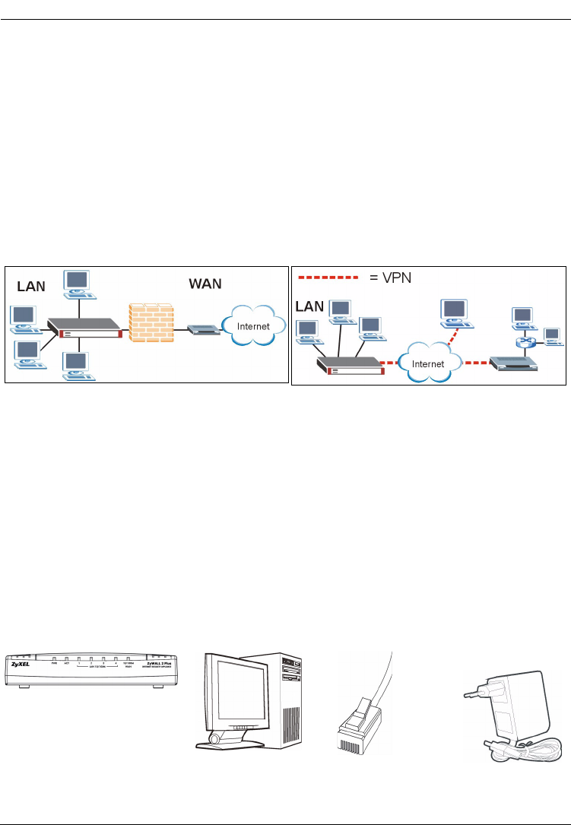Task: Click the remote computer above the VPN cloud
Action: (455, 313)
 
